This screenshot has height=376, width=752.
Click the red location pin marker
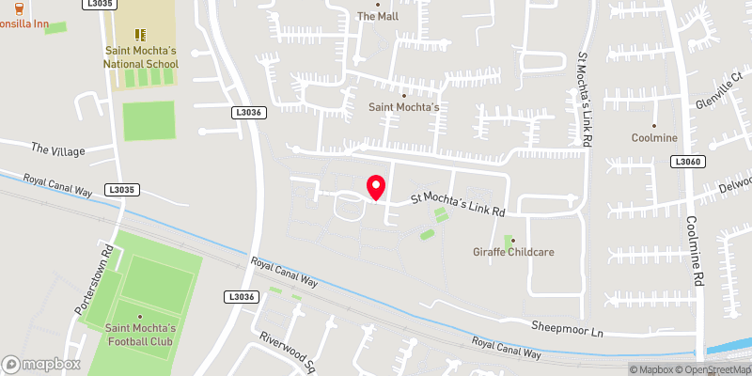click(x=376, y=186)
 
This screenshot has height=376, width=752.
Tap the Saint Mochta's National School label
click(x=140, y=56)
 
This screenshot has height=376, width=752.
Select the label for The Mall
click(x=379, y=16)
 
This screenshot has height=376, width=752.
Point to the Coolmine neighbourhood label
click(x=654, y=138)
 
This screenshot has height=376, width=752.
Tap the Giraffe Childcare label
click(x=512, y=253)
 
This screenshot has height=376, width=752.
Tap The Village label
click(x=58, y=149)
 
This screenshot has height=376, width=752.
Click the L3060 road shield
click(x=687, y=163)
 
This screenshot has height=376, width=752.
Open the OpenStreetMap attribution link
click(x=715, y=369)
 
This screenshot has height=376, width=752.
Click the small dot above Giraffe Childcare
click(x=512, y=240)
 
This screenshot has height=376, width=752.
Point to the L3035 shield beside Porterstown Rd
click(x=122, y=189)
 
